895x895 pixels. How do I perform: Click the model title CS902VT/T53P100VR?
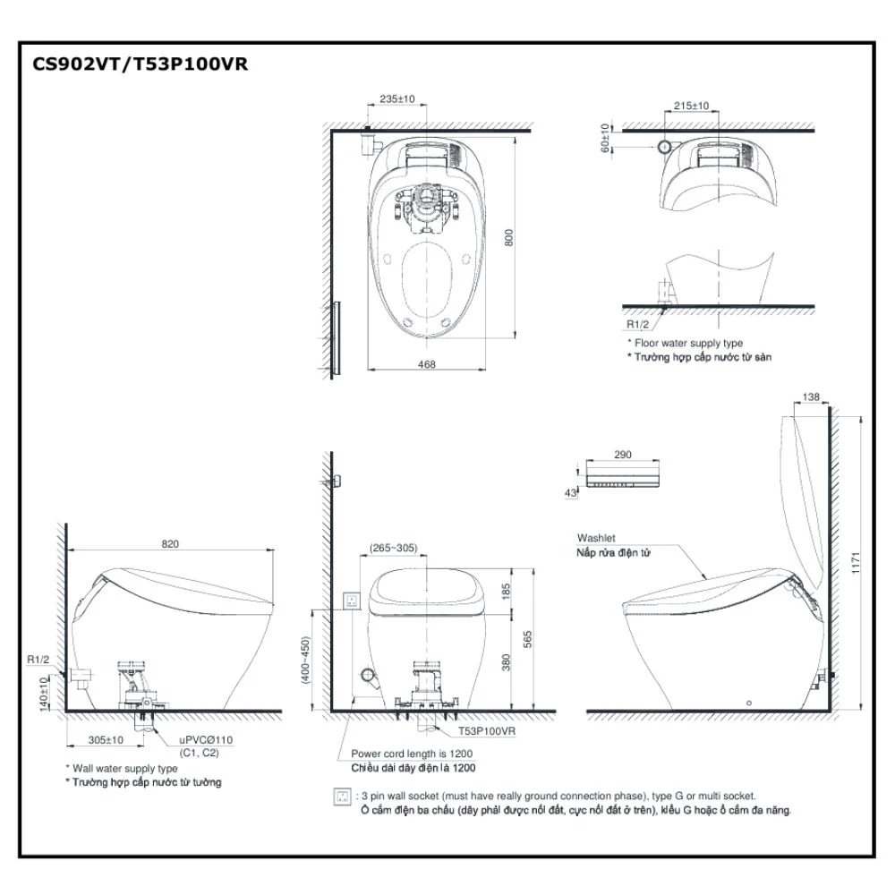coord(133,64)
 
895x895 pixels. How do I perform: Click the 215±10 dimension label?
coord(690,106)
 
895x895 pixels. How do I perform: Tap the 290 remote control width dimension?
coord(624,455)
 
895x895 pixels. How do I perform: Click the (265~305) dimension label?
coord(393,548)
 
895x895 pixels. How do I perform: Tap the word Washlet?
coord(595,539)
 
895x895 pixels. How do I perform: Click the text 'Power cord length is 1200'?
coord(412,754)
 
